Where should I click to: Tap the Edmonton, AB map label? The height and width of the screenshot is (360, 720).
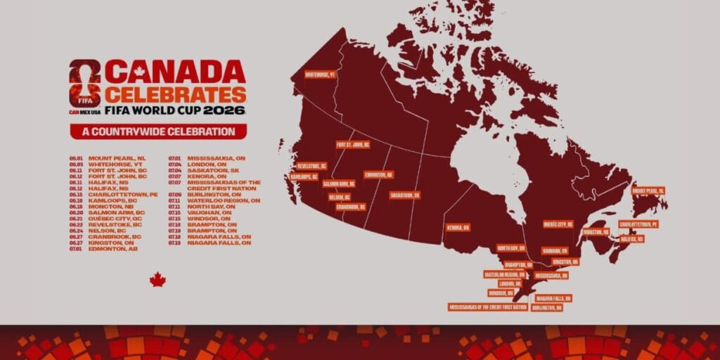pyautogui.click(x=379, y=174)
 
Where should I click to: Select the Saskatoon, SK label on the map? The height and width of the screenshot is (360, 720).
pyautogui.click(x=405, y=195)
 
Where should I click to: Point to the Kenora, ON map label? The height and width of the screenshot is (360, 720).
pyautogui.click(x=458, y=228)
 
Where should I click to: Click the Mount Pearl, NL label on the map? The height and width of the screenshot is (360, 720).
pyautogui.click(x=648, y=191)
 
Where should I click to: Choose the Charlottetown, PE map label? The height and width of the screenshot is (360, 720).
pyautogui.click(x=638, y=224)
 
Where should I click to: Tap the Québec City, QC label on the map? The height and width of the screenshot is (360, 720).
pyautogui.click(x=558, y=224)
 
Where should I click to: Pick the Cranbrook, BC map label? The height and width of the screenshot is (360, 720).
pyautogui.click(x=349, y=207)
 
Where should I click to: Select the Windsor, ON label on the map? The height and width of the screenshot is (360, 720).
pyautogui.click(x=501, y=292)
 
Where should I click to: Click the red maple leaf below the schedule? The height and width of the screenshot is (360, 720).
pyautogui.click(x=157, y=280)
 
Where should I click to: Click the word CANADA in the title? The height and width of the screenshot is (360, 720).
pyautogui.click(x=176, y=72)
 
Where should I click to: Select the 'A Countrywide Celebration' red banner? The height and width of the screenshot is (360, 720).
pyautogui.click(x=158, y=131)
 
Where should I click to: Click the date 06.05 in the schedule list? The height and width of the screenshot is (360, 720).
pyautogui.click(x=77, y=164)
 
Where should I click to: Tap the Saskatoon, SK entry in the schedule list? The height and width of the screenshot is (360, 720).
pyautogui.click(x=214, y=170)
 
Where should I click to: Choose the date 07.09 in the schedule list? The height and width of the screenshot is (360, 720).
pyautogui.click(x=175, y=194)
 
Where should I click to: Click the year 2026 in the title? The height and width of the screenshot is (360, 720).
pyautogui.click(x=225, y=110)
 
